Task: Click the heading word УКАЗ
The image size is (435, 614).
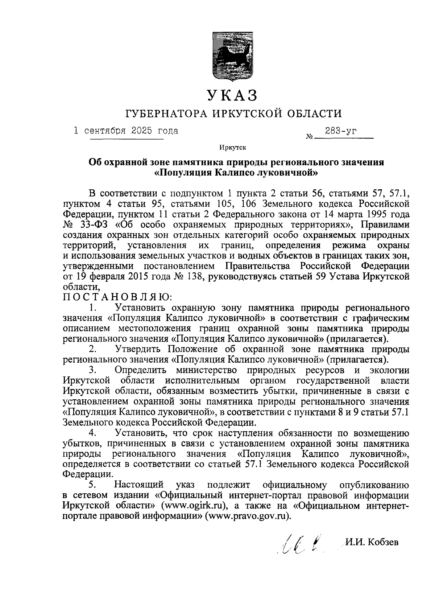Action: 233,95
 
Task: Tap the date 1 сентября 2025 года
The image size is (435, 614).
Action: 126,131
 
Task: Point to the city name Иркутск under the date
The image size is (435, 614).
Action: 232,148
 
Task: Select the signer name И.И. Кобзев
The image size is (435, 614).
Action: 372,542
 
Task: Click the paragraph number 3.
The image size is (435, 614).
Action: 93,370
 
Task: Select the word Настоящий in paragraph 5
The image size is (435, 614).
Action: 140,485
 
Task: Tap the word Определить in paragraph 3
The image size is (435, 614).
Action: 140,370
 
